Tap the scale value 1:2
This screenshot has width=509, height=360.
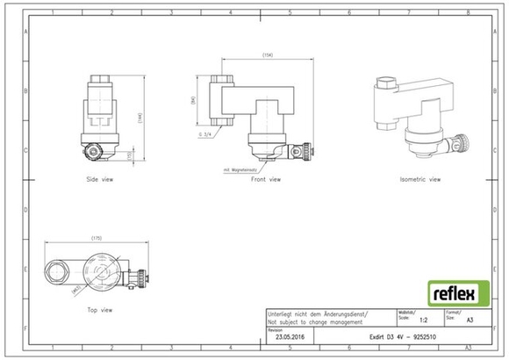(425, 321)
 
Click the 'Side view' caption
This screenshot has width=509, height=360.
(102, 179)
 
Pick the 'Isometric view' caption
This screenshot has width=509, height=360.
(419, 179)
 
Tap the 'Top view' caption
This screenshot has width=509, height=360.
(99, 310)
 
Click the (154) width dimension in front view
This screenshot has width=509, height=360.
(268, 55)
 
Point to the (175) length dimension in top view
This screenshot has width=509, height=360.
(96, 239)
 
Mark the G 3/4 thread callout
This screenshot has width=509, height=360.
(207, 134)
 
